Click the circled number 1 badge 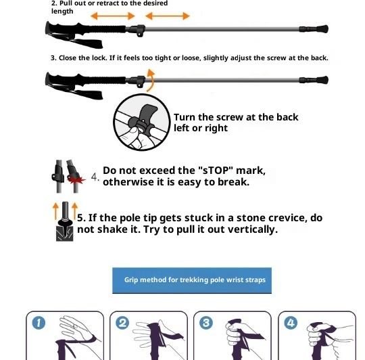(x=39, y=323)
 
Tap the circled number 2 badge (x=122, y=323)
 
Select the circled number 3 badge (x=206, y=323)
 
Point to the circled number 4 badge (x=291, y=323)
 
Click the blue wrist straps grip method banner (x=192, y=280)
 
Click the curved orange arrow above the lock (x=151, y=80)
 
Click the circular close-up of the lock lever (x=142, y=122)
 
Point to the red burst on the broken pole (x=76, y=179)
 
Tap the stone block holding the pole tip (x=64, y=233)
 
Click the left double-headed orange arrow (x=113, y=16)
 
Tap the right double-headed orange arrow (x=168, y=16)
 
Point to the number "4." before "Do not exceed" (x=95, y=177)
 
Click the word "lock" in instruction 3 (x=99, y=58)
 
